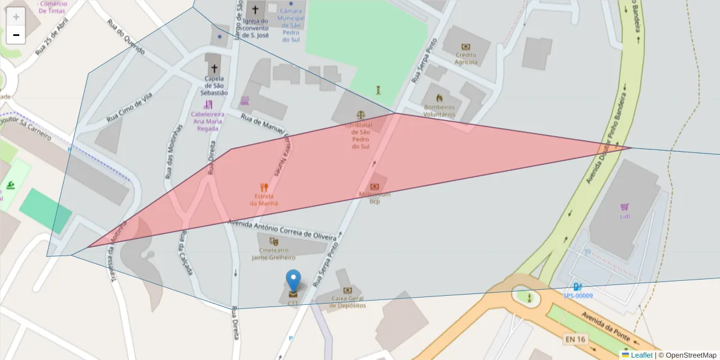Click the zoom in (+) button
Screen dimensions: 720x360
tap(16, 17)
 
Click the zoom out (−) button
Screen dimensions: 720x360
tap(16, 35)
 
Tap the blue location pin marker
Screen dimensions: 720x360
tap(293, 283)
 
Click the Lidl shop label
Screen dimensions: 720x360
tap(624, 215)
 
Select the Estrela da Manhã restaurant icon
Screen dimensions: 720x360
tap(263, 187)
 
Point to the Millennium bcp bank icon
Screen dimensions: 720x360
tap(375, 187)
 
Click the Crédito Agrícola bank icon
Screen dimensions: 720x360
tap(466, 47)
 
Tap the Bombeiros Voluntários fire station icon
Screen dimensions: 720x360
tap(439, 98)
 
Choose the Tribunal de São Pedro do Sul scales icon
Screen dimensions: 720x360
tap(360, 114)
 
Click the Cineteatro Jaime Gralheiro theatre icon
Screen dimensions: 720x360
tap(274, 241)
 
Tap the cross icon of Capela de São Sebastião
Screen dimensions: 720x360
tap(214, 68)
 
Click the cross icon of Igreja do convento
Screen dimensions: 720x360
tap(256, 10)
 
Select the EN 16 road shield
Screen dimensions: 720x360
tap(574, 340)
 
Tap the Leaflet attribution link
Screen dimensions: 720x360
tap(641, 355)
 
